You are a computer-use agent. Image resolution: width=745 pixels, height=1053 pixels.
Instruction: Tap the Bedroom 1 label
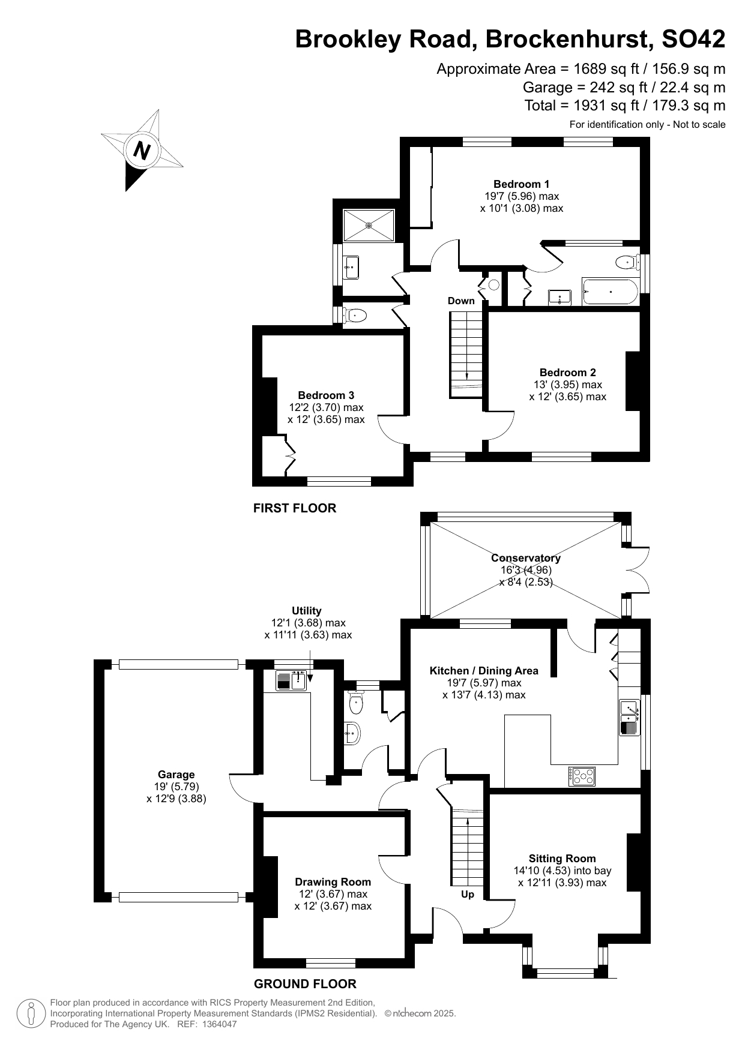point(521,184)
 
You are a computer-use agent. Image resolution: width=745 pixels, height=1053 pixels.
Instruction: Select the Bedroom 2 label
point(567,373)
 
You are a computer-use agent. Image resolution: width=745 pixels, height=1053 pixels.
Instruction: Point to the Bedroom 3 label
point(326,395)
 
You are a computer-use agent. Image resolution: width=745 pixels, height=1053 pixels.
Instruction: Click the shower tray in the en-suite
point(369,225)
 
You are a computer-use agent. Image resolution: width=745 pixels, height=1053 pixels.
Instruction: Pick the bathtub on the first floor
point(609,292)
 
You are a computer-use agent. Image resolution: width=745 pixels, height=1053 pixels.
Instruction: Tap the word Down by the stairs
point(461,301)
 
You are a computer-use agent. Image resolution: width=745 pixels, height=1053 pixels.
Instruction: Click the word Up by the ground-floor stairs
point(468,895)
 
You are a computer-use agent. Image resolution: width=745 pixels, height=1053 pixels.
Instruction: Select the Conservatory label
point(526,558)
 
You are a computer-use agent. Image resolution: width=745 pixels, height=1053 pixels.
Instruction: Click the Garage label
point(176,775)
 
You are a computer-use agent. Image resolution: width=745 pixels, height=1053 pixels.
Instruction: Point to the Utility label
point(307,611)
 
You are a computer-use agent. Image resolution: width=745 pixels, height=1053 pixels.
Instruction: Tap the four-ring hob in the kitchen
point(582,777)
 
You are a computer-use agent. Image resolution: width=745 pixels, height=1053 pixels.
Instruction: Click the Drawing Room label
point(333,882)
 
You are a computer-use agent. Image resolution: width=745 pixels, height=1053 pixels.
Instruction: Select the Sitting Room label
point(562,859)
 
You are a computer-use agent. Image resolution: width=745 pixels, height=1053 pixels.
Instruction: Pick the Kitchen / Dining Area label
point(484,671)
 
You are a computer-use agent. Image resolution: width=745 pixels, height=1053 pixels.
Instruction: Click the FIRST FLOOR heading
point(295,508)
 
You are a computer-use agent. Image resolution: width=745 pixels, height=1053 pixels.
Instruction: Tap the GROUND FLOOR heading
point(305,984)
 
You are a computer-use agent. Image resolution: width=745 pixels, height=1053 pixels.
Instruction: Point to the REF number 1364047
point(219,1025)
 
